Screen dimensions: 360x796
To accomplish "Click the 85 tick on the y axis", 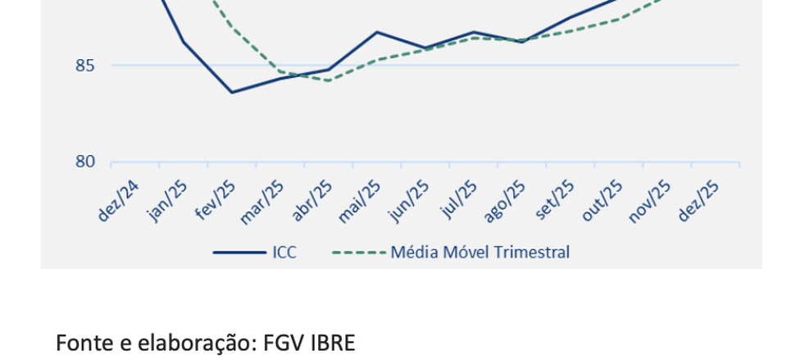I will tap(84, 65).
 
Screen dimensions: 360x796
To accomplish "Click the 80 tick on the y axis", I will tap(84, 162).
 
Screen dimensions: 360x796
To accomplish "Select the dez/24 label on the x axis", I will tap(119, 201).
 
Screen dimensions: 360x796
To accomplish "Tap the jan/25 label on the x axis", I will tap(168, 201).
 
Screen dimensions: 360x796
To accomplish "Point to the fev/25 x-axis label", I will tap(216, 201).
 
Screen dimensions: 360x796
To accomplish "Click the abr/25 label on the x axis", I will tap(312, 201).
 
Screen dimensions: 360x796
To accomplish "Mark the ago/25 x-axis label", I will tap(505, 201).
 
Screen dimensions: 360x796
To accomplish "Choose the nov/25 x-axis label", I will tap(650, 201).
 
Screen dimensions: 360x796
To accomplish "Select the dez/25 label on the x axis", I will tap(699, 201).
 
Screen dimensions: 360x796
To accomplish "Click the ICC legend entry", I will tap(284, 253).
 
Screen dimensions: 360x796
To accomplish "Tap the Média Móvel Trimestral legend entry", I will tap(480, 253).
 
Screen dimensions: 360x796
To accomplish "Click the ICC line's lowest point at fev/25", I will tap(231, 92).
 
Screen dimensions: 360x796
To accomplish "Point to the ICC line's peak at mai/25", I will tap(376, 32).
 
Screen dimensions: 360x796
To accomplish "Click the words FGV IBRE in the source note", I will tap(310, 343).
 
